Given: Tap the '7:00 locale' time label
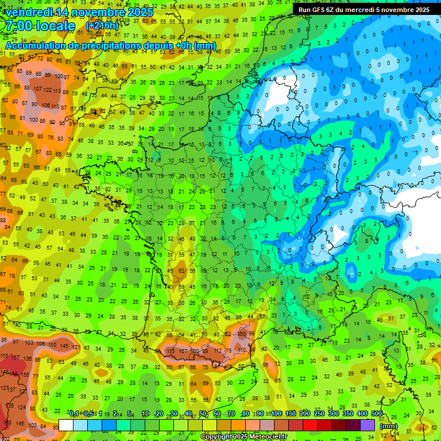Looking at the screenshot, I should point(40,26).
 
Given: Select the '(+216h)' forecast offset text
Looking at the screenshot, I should point(102,26).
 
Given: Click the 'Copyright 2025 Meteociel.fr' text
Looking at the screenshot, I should point(244,437).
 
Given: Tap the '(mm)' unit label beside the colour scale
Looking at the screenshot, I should point(389,426).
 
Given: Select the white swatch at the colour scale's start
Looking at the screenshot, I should point(65,425).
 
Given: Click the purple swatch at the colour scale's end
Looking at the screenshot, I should point(367,425).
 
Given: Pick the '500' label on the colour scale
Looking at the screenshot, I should point(377,414).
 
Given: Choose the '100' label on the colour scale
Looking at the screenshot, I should point(277,414).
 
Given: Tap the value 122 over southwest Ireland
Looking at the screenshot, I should point(50,90).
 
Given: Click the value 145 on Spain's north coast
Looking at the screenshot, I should point(64,346).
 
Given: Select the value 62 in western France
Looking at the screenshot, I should point(182,270).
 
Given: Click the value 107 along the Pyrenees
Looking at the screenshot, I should point(183,350).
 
